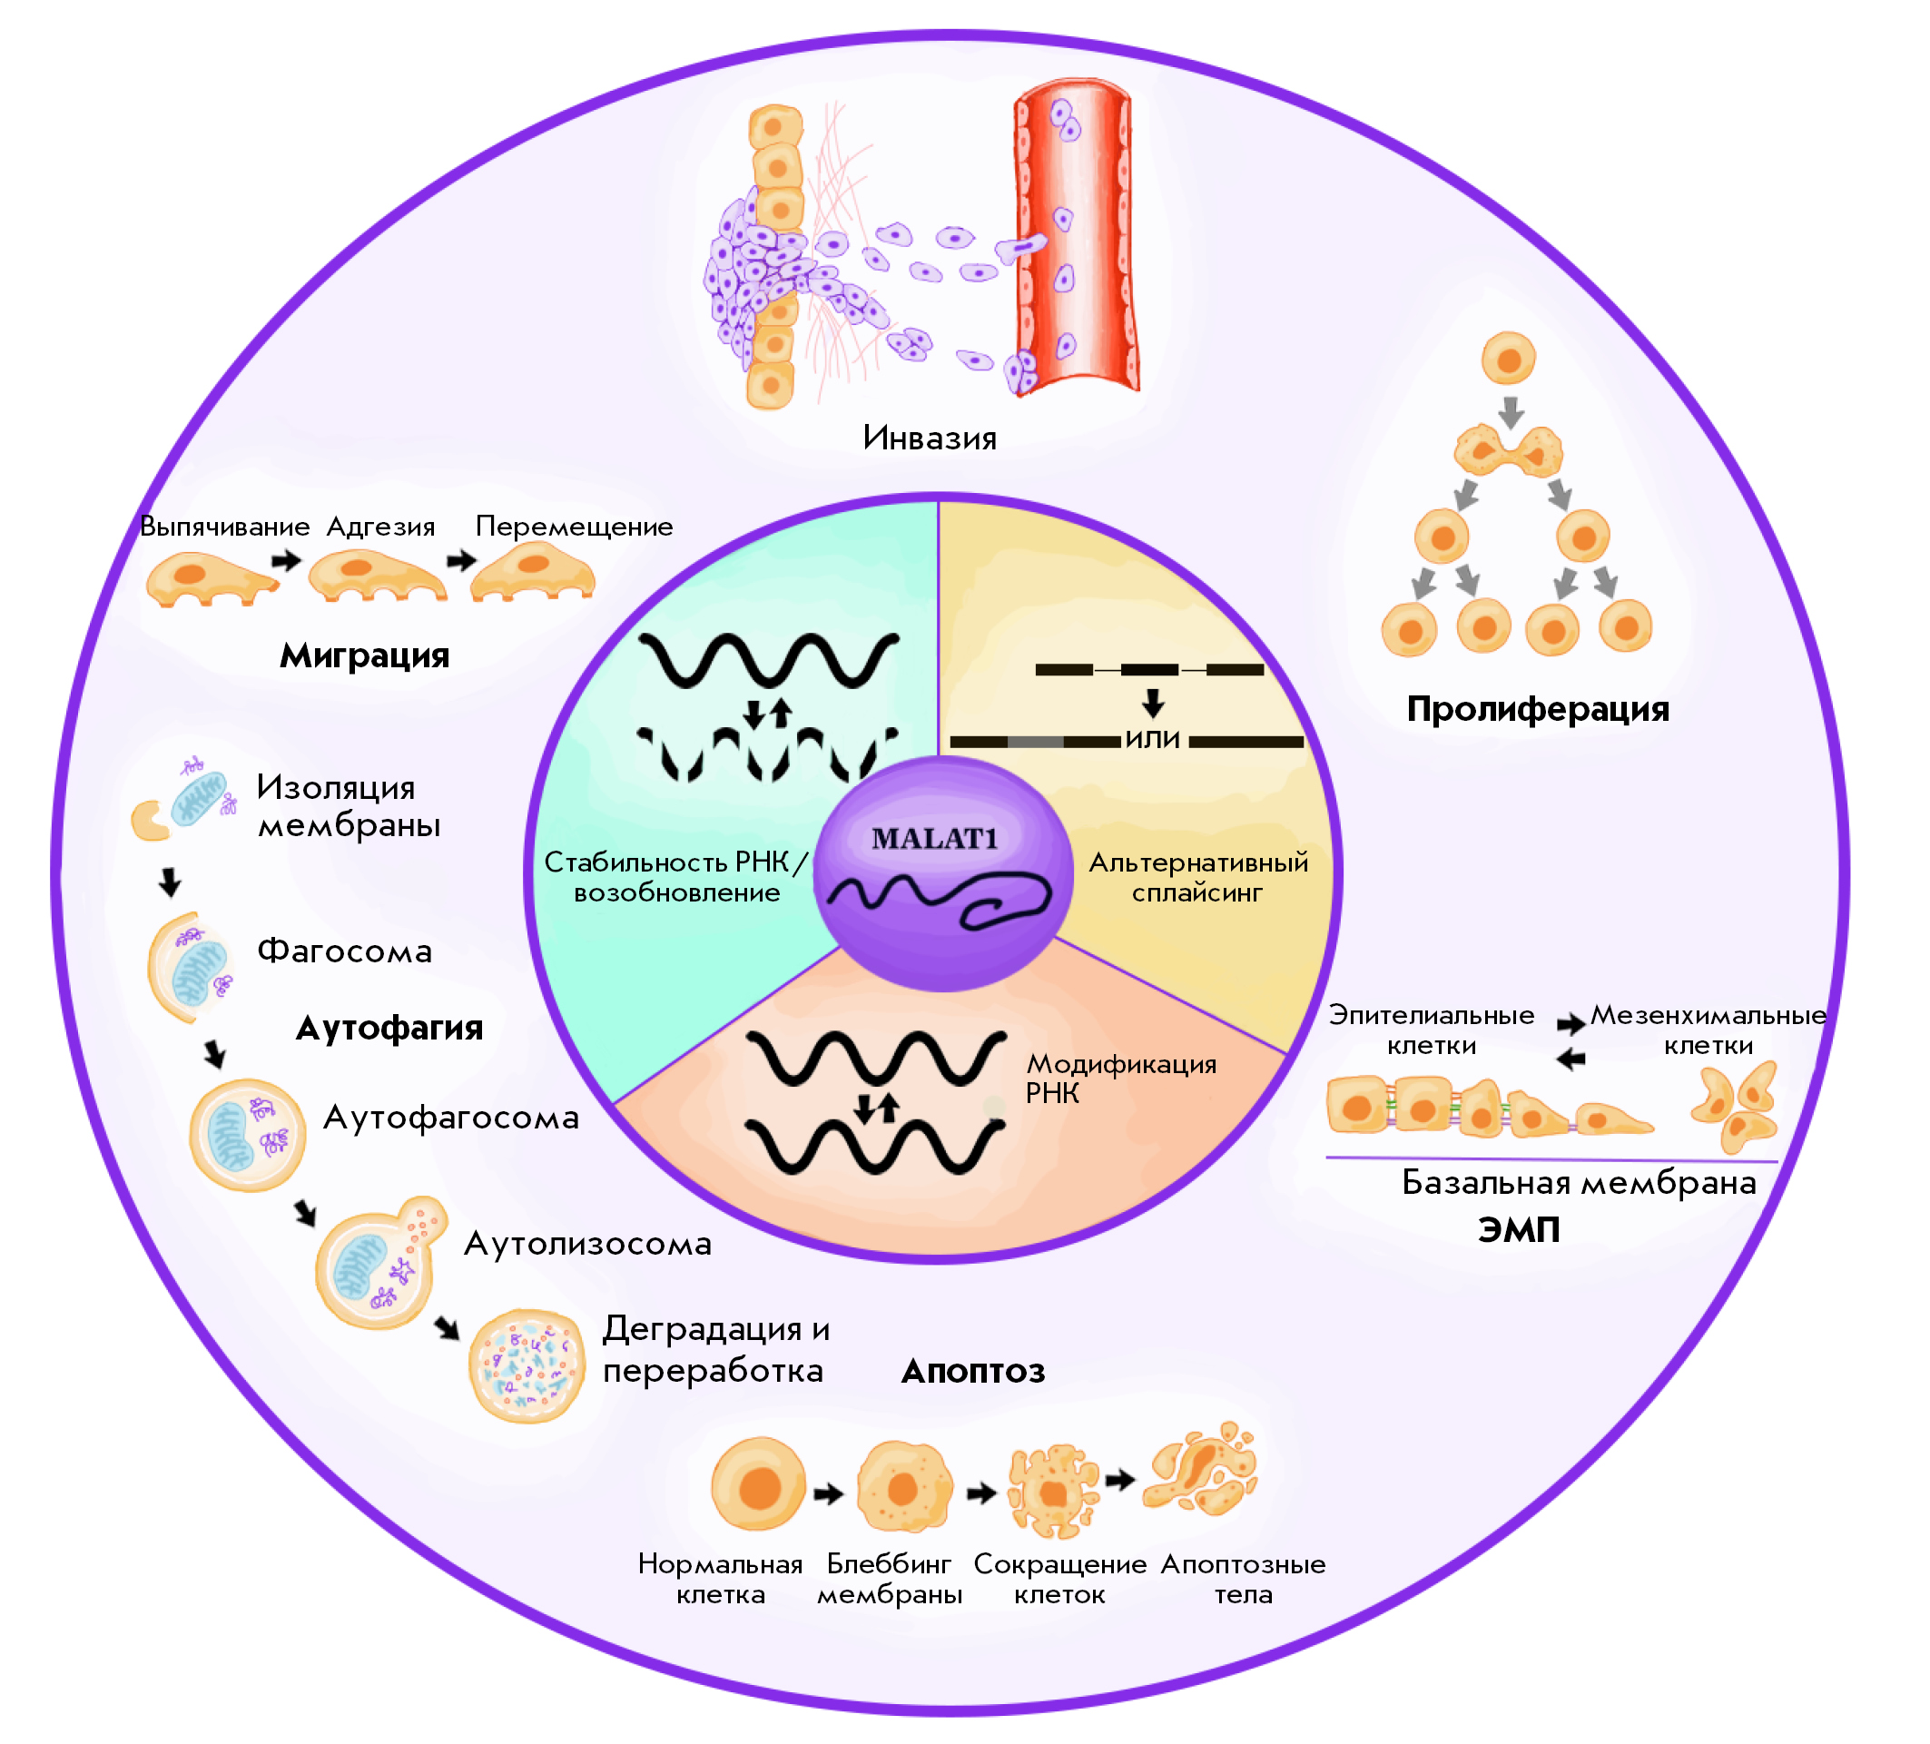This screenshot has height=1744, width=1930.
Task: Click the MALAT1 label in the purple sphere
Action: point(934,840)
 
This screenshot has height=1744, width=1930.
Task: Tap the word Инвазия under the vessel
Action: point(930,438)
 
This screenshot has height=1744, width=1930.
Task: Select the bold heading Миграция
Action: point(364,655)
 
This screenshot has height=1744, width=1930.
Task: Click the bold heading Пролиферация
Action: point(1538,709)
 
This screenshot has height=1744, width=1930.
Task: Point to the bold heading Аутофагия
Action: point(389,1028)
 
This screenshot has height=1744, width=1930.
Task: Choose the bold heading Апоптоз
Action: point(972,1372)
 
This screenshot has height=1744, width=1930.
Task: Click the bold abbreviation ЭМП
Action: point(1519,1230)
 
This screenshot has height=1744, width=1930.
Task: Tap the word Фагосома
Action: point(345,951)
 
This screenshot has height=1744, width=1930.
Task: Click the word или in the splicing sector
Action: point(1153,739)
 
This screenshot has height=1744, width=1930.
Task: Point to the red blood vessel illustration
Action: point(1077,240)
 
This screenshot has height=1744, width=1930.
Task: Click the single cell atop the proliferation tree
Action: point(1509,359)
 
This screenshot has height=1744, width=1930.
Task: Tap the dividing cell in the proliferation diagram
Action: point(1508,451)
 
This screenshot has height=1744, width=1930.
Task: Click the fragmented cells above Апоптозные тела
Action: point(1200,1473)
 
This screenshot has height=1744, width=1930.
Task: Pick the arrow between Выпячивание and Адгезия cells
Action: point(285,560)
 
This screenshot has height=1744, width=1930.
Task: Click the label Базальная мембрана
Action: point(1579,1183)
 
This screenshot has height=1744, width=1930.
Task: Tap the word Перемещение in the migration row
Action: point(574,527)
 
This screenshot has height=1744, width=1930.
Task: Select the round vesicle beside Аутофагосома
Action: point(247,1135)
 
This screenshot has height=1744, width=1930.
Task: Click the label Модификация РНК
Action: point(1120,1078)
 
